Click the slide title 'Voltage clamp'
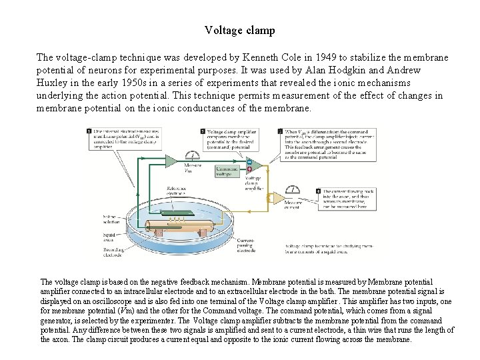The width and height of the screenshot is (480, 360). [239, 30]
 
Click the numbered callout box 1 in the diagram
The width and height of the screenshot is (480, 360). [89, 132]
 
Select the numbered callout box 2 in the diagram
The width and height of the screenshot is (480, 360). [280, 132]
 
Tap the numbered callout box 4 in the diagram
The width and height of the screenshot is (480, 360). [319, 192]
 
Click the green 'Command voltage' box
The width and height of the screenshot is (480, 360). [227, 171]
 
